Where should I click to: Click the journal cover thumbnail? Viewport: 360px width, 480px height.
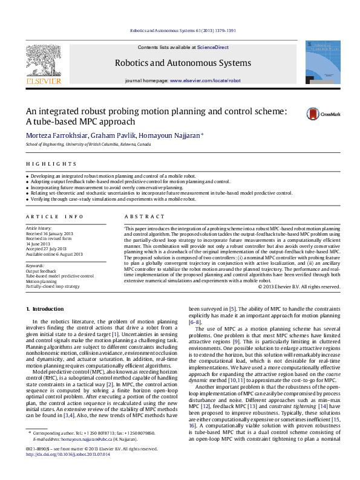[x=319, y=62]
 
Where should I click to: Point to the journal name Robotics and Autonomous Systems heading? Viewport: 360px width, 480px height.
[x=183, y=63]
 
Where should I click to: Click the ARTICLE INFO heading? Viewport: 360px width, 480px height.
[x=54, y=216]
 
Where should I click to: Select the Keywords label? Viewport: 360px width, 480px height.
[x=35, y=265]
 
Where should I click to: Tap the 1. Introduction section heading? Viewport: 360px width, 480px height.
[x=44, y=309]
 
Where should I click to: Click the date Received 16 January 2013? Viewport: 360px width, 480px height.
[x=50, y=233]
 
